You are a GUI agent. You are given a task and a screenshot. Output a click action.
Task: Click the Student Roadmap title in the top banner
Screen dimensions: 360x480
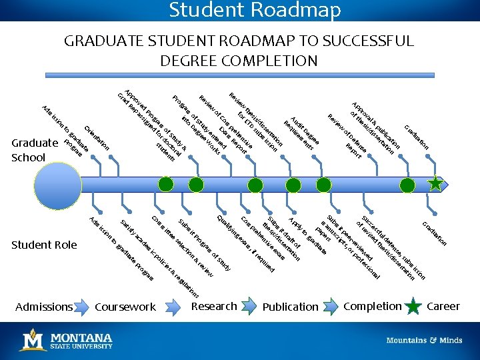[x=255, y=10]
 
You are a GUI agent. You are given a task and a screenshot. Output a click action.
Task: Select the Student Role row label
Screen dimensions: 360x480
[x=44, y=245]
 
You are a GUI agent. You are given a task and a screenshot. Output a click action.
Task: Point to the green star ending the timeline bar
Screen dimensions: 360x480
[x=435, y=183]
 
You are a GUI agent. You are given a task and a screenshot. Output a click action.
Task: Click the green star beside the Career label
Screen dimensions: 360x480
[x=413, y=307]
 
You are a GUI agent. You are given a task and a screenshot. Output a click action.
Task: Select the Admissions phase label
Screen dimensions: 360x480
[x=44, y=307]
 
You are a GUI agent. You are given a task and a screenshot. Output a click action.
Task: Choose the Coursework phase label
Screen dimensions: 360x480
[x=125, y=307]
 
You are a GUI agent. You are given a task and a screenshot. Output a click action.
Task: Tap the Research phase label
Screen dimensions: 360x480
[x=214, y=306]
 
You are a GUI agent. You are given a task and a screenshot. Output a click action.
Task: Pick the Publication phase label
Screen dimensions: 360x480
[x=291, y=307]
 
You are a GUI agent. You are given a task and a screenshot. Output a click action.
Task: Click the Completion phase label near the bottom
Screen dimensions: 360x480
[x=373, y=306]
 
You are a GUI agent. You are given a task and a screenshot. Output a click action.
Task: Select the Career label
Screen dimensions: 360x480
[x=443, y=306]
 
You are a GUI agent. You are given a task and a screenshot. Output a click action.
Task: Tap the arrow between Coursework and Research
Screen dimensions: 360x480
[x=172, y=307]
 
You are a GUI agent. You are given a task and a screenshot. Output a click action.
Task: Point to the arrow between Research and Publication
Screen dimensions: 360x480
[x=250, y=307]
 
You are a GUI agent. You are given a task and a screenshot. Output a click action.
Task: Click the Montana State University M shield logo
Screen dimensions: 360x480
[x=33, y=340]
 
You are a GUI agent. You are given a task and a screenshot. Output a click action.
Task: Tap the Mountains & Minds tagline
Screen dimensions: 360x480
[x=424, y=340]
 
